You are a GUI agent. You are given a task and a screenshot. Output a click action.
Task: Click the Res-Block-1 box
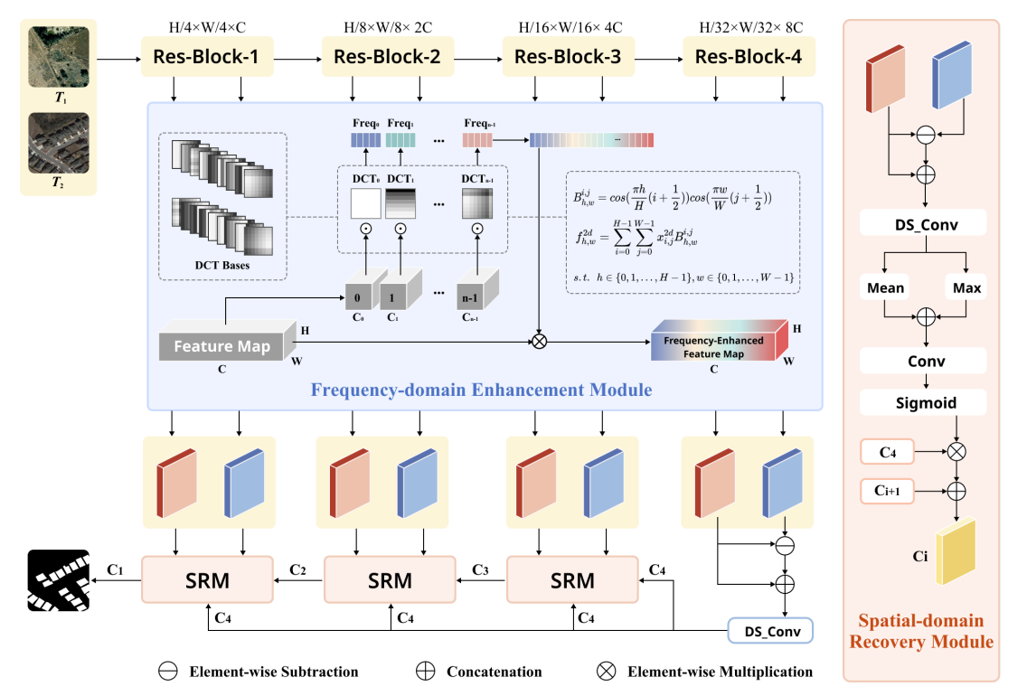pyautogui.click(x=208, y=58)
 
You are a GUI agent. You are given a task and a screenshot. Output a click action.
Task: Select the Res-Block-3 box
pyautogui.click(x=568, y=58)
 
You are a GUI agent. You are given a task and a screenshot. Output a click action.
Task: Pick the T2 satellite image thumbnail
pyautogui.click(x=59, y=143)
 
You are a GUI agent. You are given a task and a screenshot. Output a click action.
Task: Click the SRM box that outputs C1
pyautogui.click(x=208, y=579)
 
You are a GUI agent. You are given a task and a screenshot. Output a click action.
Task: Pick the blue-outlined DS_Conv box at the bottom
pyautogui.click(x=770, y=630)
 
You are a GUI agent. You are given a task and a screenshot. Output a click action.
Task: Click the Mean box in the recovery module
pyautogui.click(x=886, y=288)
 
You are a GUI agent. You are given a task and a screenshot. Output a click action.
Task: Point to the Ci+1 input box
pyautogui.click(x=886, y=491)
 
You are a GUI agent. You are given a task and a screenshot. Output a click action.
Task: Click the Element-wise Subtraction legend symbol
pyautogui.click(x=167, y=672)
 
